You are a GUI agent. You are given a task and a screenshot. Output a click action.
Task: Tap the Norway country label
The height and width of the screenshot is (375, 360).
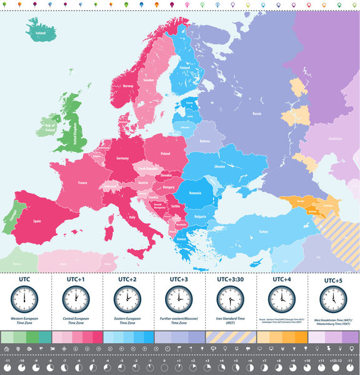coord(128,86)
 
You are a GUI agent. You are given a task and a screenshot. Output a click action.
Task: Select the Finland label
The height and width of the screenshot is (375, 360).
coord(185,68)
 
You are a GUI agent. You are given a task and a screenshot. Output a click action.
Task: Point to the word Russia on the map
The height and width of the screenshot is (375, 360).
coord(256,114)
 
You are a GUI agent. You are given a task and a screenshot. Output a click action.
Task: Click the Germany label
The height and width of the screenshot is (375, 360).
coord(122,158)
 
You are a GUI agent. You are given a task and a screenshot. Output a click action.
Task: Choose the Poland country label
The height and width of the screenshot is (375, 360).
coord(166,153)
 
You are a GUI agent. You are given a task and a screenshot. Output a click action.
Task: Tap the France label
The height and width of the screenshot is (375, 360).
coord(82,183)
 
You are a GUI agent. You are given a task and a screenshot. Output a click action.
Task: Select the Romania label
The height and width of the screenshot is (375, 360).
coord(196,193)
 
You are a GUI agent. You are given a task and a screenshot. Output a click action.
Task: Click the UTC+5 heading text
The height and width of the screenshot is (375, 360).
coord(333,281)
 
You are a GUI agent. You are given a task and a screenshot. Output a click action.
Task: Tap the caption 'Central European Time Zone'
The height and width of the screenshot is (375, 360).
coord(76,321)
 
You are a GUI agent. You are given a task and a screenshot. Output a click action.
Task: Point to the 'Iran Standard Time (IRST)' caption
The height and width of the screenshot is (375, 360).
coord(230,321)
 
